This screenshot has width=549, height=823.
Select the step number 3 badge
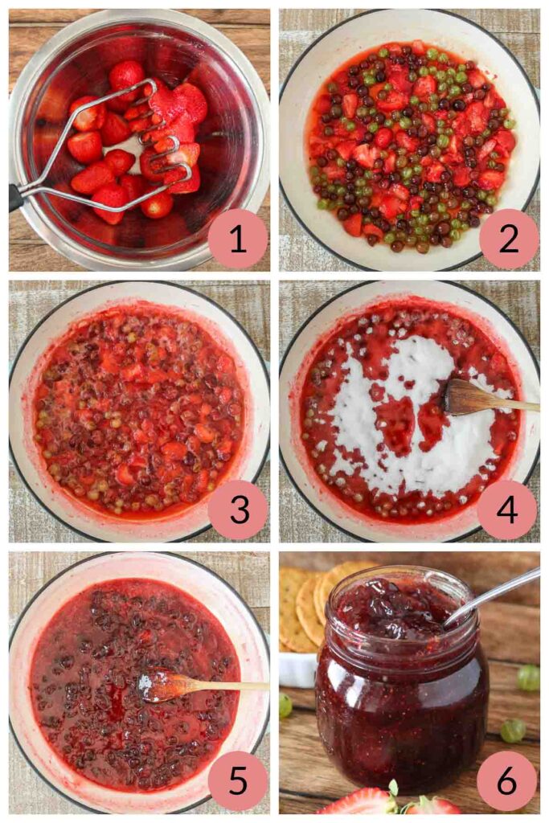[238, 510]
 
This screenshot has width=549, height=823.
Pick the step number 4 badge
[508, 510]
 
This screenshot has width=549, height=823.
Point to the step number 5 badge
[238, 780]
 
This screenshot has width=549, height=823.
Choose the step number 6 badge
[508, 780]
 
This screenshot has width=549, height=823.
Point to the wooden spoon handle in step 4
[514, 406]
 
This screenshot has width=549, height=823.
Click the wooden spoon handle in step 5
[233, 686]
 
